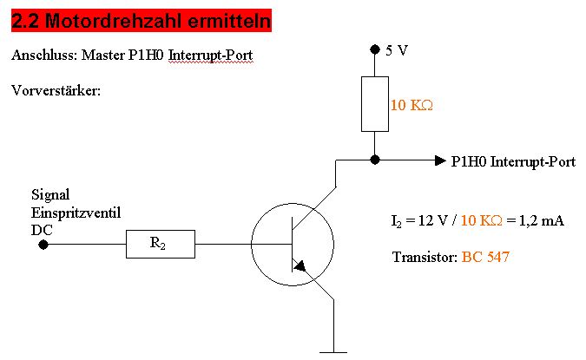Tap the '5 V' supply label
(x=397, y=50)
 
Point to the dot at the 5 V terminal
(x=374, y=49)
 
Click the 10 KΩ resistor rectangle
(x=374, y=104)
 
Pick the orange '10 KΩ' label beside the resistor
(x=412, y=105)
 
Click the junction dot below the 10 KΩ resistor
(x=374, y=160)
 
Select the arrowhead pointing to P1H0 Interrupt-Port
(x=439, y=160)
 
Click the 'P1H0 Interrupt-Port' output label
(x=513, y=161)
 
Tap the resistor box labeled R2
(x=160, y=244)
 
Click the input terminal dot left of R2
(x=43, y=244)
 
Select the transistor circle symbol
(x=292, y=244)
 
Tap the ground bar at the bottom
(x=333, y=352)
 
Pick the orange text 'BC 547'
(x=487, y=258)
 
